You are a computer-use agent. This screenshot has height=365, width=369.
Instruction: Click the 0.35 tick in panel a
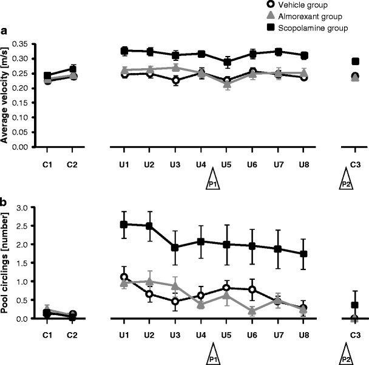20,44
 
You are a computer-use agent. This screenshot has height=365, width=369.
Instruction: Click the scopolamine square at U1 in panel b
124,224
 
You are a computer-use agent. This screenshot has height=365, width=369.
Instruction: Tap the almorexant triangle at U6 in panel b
251,311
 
